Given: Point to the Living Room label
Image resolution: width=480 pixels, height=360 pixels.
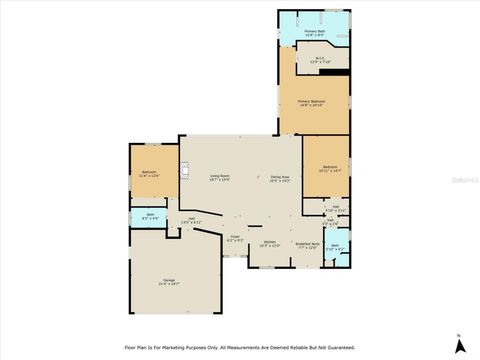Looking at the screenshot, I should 219,177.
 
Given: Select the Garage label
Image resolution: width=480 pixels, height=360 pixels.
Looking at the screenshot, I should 169,281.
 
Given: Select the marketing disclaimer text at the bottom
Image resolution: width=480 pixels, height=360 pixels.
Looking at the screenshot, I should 240,347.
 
